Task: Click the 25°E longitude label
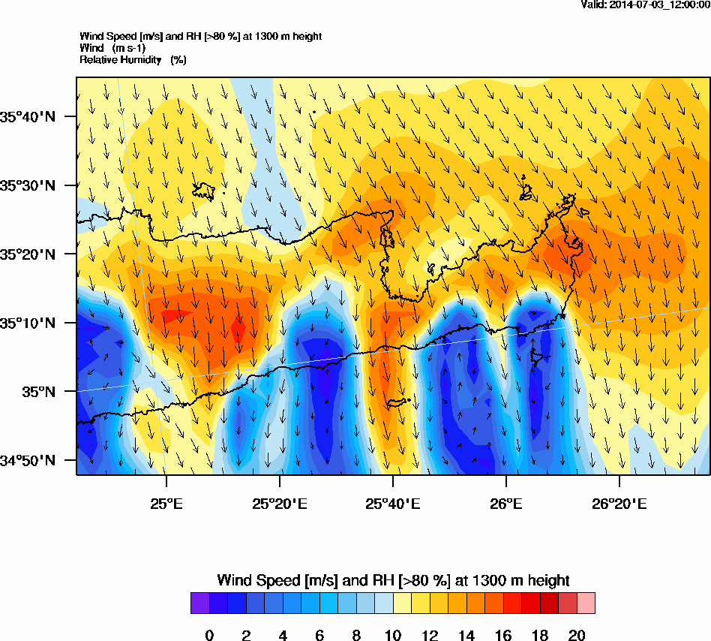tap(166, 503)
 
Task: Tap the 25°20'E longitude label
tap(279, 503)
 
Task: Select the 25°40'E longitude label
tap(393, 503)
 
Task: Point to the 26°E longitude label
tap(506, 503)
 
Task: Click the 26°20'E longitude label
tap(619, 503)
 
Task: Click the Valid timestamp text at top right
tap(645, 5)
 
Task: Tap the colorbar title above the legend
tap(393, 580)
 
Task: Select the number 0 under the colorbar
tap(209, 636)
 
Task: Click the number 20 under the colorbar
tap(576, 636)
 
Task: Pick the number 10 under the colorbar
tap(393, 636)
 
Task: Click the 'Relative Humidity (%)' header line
tap(133, 59)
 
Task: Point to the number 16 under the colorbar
tap(502, 636)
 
